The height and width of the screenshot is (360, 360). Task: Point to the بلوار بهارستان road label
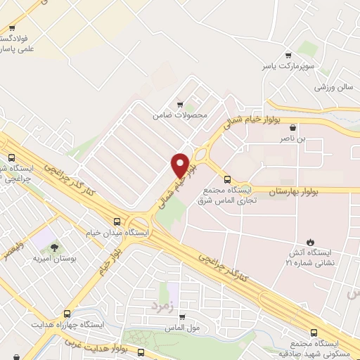290,191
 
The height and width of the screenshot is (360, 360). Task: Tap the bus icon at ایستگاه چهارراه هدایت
67,314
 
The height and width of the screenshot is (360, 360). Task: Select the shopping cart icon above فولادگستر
11,29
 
